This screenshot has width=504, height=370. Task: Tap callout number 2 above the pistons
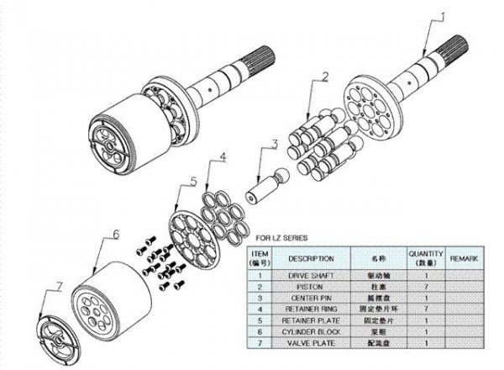[323, 77]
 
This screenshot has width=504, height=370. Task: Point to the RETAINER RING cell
[311, 309]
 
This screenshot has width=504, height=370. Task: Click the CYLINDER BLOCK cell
[311, 332]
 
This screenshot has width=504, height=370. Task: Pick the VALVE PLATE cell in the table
[311, 344]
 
